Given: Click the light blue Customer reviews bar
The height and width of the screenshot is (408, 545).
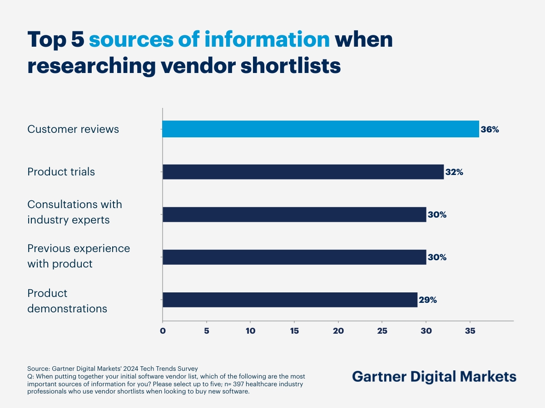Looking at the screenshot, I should pos(321,129).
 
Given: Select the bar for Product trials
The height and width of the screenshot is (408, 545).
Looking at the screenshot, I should pos(303,172).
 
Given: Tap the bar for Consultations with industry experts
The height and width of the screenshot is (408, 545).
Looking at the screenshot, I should pos(294,214).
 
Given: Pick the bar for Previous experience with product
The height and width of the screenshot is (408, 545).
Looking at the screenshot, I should pos(294,257).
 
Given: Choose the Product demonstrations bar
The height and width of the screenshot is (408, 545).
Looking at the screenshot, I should pos(290,300).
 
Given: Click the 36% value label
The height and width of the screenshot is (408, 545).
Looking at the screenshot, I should pos(490,130).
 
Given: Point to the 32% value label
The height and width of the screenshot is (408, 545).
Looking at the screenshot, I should pos(454,172).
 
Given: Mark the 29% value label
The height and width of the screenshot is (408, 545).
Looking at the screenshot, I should pos(428,300).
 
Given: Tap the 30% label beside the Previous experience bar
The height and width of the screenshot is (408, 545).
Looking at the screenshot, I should pos(437,257).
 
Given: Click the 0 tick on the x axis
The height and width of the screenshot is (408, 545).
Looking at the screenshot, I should pos(163,331).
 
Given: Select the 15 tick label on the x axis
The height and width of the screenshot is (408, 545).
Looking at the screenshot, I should pos(294,331).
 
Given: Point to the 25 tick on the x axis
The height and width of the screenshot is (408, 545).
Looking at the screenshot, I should pos(382,331).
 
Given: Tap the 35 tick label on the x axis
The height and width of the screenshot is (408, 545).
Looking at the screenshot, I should pos(470,331).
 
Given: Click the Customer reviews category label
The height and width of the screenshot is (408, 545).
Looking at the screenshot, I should pos(73,129).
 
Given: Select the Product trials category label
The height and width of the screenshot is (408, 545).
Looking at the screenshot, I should pos(61,172).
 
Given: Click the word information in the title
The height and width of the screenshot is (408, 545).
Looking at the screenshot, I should pos(267,40).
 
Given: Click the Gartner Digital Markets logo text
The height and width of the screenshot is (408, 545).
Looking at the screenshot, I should pos(434,377).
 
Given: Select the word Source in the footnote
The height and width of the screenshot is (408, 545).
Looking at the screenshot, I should pos(38,369).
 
